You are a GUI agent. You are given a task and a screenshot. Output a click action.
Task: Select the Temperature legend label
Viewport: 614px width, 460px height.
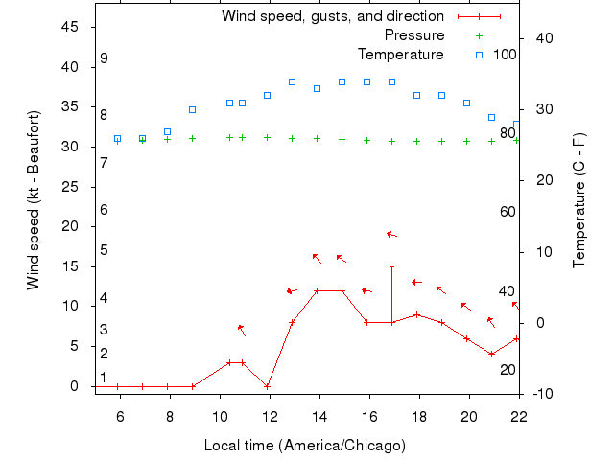[401, 54]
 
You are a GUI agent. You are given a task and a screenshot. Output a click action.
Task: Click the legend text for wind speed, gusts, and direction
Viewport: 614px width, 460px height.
[333, 16]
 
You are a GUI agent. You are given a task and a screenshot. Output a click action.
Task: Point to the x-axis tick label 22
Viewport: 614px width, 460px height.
[519, 415]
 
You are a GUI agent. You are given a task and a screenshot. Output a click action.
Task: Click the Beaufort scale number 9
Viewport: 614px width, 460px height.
[104, 58]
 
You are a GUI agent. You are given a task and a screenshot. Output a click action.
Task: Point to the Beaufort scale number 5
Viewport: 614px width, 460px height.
[104, 251]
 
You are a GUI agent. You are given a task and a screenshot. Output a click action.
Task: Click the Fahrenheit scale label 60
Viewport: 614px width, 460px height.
[508, 212]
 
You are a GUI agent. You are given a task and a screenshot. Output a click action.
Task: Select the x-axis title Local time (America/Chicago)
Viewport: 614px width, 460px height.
[305, 446]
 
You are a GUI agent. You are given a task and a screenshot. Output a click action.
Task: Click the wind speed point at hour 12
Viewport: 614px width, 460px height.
[268, 386]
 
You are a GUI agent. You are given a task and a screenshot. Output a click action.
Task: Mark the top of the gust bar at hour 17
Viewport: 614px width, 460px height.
[391, 266]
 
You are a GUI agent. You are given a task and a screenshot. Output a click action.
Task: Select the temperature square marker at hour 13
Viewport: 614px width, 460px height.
[293, 82]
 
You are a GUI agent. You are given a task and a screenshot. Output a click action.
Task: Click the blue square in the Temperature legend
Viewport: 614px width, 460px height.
[479, 54]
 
